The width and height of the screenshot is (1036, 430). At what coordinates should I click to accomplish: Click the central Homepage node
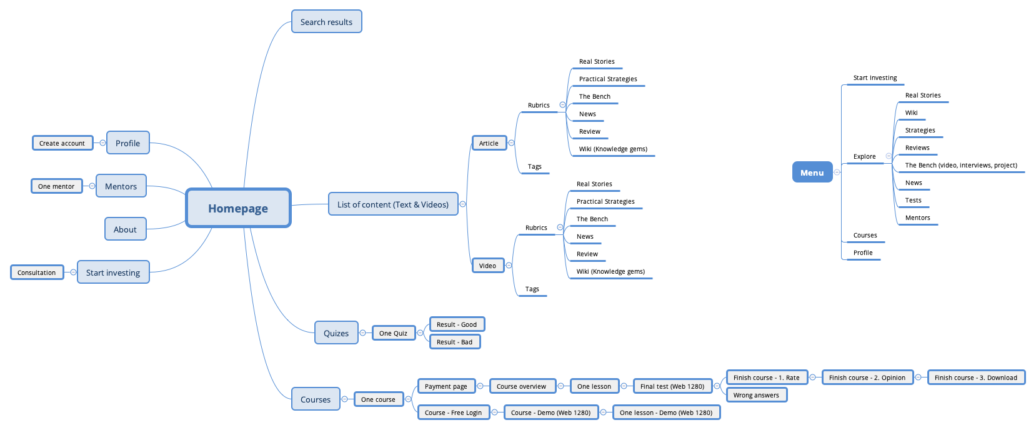(238, 208)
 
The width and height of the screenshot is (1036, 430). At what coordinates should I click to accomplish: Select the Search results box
(326, 22)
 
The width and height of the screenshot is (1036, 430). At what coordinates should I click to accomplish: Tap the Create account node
(62, 143)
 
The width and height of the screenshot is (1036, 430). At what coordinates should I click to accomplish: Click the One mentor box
(56, 186)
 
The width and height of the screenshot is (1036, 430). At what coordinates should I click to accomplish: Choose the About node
(125, 229)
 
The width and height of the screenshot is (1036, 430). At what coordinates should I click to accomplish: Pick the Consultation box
(37, 272)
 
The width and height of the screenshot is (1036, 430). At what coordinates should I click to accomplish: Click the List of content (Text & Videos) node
(392, 204)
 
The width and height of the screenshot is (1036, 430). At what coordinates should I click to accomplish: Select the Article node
(489, 143)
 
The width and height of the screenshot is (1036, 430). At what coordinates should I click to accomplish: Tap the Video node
(487, 266)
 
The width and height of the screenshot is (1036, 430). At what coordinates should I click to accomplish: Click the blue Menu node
(812, 172)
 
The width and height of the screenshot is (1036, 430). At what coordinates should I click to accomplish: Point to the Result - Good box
(457, 324)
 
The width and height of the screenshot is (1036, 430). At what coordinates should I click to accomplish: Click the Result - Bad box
(454, 342)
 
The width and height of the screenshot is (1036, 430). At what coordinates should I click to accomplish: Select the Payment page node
(446, 386)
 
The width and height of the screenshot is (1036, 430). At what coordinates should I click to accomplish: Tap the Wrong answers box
(756, 395)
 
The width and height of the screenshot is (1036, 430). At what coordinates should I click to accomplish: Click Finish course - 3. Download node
(975, 377)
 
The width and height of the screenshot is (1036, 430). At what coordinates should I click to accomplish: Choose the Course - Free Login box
(453, 412)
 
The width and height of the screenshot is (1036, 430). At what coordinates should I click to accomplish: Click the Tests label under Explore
(913, 201)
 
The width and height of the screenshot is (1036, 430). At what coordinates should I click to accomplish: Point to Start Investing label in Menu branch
(875, 78)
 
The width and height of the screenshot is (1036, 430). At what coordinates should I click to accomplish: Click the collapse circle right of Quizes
(362, 333)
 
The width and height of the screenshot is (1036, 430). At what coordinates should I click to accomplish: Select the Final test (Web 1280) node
(672, 386)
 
